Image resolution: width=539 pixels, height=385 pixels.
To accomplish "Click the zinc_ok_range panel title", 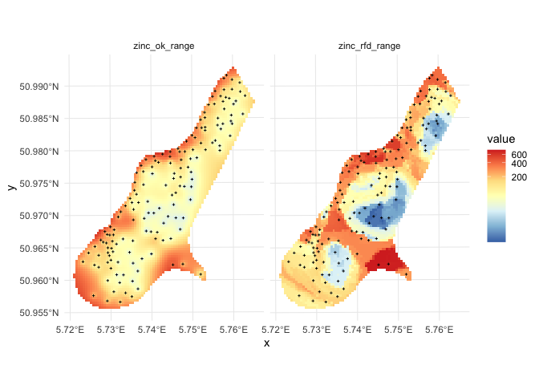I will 164,46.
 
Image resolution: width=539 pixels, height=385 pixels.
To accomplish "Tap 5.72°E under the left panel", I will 71,329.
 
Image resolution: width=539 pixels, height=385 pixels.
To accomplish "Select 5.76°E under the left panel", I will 233,329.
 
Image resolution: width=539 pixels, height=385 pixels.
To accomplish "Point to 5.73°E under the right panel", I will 317,329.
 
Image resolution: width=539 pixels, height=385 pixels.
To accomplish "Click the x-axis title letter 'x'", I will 266,343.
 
